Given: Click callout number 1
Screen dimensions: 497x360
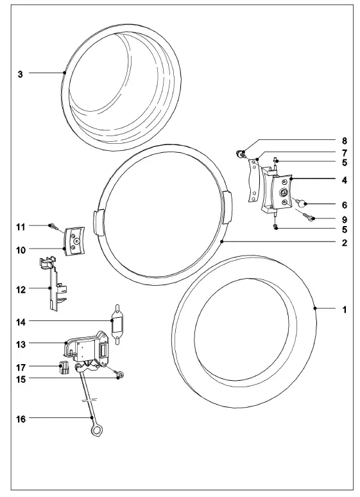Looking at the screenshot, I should [344, 310].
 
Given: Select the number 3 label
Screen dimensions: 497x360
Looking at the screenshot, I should [21, 74].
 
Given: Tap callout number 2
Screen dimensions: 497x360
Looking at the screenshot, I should [344, 243].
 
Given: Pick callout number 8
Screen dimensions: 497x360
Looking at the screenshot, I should [344, 139].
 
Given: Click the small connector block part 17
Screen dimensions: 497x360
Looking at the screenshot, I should [64, 367].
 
